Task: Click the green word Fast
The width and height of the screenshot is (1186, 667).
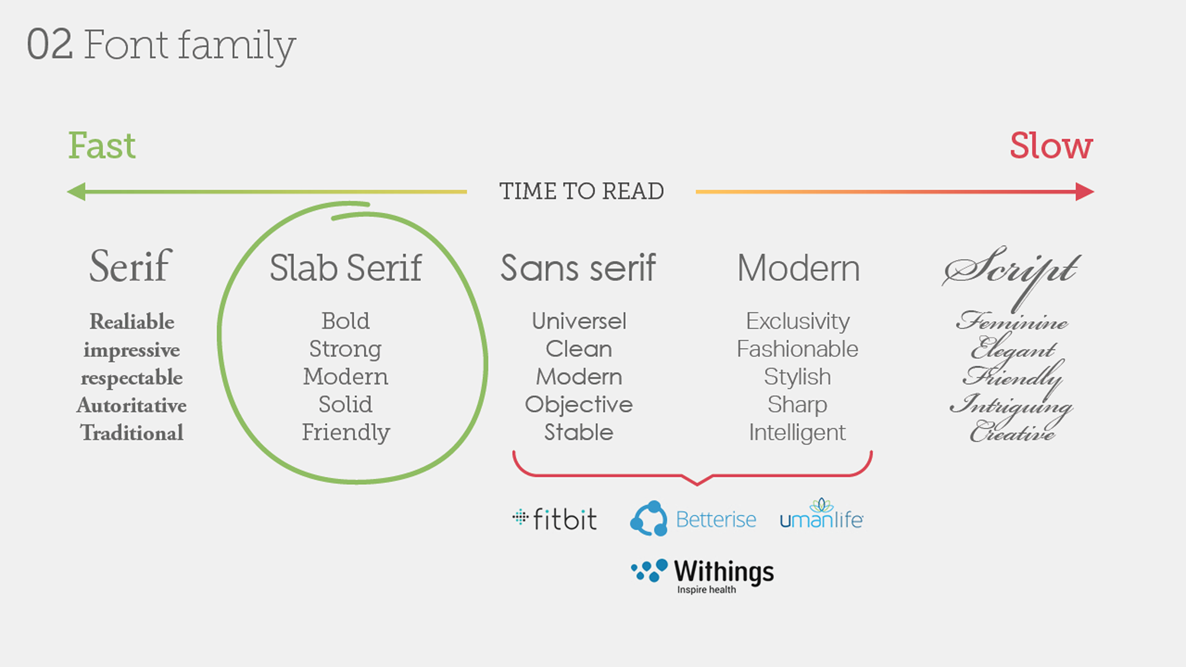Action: (x=102, y=146)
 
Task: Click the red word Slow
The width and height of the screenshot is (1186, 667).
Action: (x=1051, y=146)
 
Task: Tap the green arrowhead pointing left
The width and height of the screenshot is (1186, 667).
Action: (x=76, y=192)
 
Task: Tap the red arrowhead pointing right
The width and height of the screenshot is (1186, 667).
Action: (x=1084, y=192)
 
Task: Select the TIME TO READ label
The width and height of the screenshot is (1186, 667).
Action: (x=581, y=191)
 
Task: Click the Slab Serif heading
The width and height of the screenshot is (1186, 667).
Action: (x=345, y=267)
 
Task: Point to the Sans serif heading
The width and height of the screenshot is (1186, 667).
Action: (x=578, y=267)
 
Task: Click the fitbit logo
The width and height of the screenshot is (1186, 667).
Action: (x=554, y=519)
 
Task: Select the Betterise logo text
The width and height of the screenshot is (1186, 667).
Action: (x=715, y=519)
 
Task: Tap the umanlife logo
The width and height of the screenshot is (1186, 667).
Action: (x=821, y=514)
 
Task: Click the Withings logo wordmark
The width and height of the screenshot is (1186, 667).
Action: (x=724, y=572)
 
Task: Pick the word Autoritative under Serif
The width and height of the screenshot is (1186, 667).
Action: (x=131, y=405)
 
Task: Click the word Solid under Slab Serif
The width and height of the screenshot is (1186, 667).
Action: (x=345, y=405)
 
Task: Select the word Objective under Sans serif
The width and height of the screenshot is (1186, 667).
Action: (x=578, y=405)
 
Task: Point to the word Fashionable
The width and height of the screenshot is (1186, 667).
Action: (x=797, y=349)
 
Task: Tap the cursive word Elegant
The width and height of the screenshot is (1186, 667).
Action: (x=1012, y=348)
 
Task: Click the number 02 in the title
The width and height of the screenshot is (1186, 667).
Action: (x=50, y=45)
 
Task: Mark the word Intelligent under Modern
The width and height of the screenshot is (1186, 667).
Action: (x=797, y=433)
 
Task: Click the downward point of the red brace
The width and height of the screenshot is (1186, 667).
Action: (x=697, y=484)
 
